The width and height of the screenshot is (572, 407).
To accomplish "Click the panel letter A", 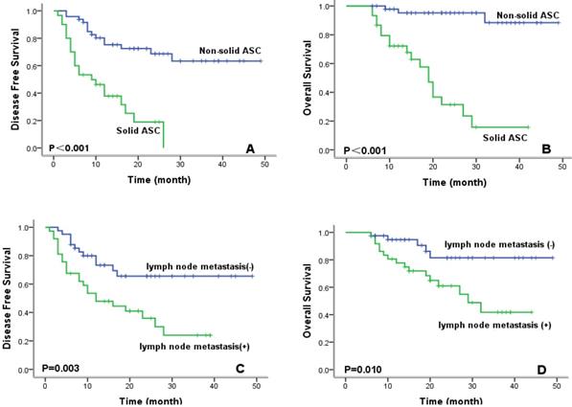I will tap(250, 149).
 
